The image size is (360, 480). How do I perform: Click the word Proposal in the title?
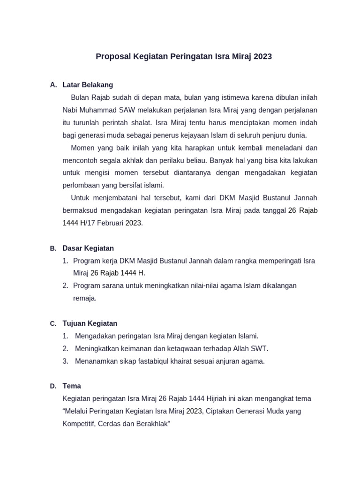(113, 57)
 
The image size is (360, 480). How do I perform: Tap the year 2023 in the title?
(262, 57)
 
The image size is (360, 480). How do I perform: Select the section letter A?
(53, 85)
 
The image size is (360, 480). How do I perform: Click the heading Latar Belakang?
(88, 85)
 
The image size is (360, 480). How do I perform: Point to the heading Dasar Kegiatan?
(88, 248)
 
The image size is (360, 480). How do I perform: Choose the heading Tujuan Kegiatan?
(90, 323)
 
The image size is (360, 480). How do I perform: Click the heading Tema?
(72, 386)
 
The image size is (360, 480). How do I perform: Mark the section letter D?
(53, 386)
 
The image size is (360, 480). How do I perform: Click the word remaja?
(84, 298)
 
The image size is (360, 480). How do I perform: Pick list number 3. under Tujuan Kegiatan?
(66, 361)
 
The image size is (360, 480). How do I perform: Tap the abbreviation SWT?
(260, 349)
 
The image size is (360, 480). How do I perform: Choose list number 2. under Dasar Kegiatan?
(66, 285)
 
